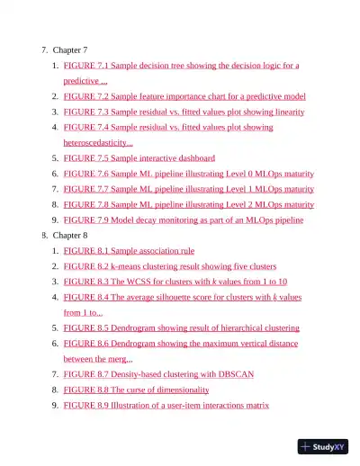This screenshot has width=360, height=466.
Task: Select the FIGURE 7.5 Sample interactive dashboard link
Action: (139, 158)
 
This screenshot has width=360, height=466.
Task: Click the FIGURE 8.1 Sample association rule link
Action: (129, 251)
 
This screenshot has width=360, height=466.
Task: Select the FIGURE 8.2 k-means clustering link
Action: (169, 266)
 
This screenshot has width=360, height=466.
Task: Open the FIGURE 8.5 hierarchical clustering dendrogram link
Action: (181, 328)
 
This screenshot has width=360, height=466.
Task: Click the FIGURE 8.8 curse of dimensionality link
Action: (136, 390)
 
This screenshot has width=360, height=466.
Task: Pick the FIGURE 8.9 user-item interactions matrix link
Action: (166, 405)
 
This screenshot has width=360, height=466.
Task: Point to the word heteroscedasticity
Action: (95, 142)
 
